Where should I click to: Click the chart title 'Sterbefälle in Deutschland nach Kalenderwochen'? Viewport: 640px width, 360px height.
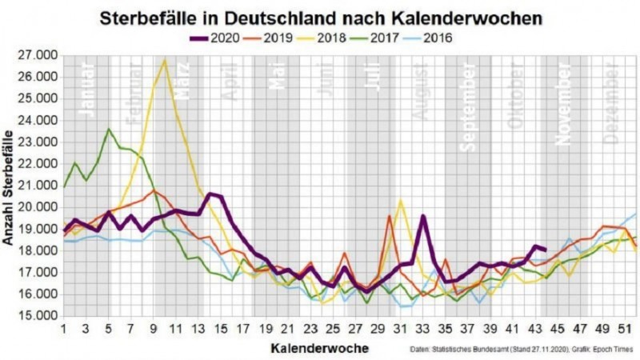click(x=320, y=17)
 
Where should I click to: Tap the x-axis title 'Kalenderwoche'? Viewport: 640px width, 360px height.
click(x=320, y=349)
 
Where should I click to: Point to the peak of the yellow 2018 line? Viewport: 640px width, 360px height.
click(x=165, y=60)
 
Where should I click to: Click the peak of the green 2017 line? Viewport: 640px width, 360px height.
click(x=109, y=129)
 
